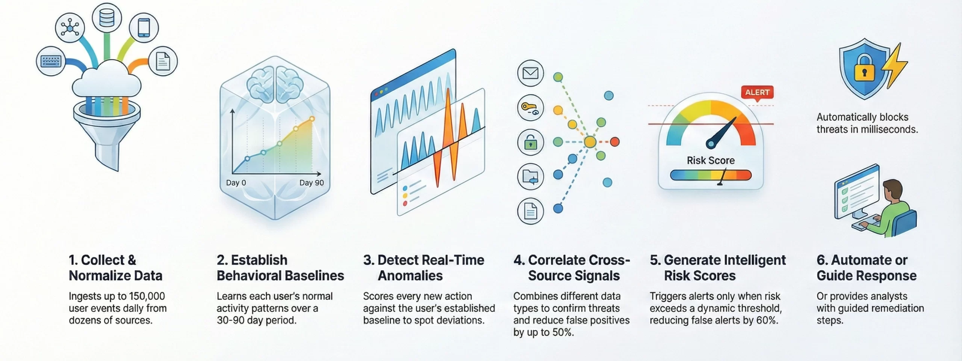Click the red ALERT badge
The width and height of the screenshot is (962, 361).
click(x=757, y=93)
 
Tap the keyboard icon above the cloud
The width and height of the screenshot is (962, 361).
click(x=51, y=61)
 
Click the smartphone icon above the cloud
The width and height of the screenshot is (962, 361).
click(x=144, y=27)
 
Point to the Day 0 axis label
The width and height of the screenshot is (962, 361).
click(x=236, y=183)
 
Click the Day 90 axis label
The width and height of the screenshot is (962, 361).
click(x=312, y=183)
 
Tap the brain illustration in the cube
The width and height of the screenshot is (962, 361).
click(x=275, y=85)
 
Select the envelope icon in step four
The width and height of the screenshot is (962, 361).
click(x=531, y=73)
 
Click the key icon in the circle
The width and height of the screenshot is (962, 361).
click(x=531, y=108)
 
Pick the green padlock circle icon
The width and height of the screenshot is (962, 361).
click(x=531, y=142)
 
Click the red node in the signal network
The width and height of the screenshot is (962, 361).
click(x=615, y=142)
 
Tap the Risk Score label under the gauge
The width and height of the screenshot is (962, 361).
click(x=711, y=161)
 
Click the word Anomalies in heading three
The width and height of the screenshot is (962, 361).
click(x=410, y=276)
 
